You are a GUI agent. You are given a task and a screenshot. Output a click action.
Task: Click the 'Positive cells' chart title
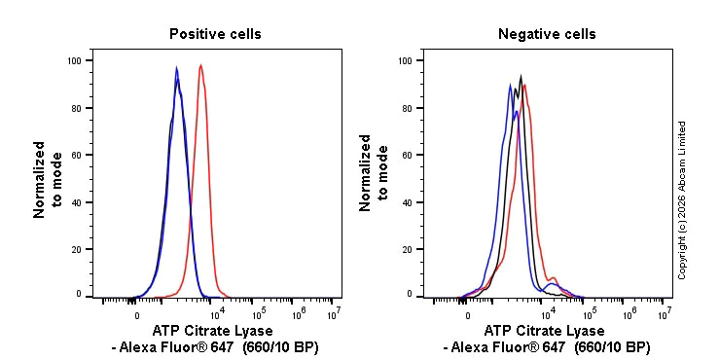(215, 34)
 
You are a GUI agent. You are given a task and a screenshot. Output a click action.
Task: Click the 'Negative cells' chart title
(547, 34)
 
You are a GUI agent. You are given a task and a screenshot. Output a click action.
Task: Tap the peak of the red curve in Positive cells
(200, 66)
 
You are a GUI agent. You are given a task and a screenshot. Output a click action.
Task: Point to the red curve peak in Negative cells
(525, 84)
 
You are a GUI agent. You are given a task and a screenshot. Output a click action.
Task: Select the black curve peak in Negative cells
(521, 76)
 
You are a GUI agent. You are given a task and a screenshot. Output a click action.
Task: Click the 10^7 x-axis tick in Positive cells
(333, 313)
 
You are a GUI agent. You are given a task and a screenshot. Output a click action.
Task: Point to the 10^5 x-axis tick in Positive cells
(259, 313)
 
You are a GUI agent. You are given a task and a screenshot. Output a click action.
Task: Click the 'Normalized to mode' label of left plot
(48, 179)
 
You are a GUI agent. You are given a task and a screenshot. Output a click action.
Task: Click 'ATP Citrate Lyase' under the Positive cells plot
(213, 331)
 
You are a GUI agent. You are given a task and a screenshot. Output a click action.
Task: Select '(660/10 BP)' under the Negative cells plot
(612, 347)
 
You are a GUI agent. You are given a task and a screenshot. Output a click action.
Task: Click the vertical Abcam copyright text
(682, 199)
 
